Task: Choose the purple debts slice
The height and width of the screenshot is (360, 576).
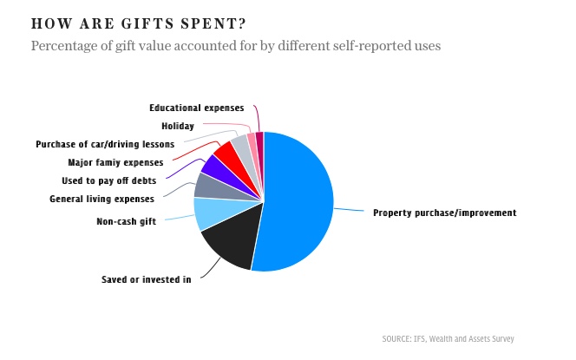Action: point(214,166)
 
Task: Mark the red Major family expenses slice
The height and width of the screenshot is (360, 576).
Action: point(226,153)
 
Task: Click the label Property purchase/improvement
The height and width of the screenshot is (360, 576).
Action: point(444,213)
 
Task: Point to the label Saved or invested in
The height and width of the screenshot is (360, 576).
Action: point(146,279)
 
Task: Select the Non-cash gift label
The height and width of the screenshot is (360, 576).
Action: point(126,221)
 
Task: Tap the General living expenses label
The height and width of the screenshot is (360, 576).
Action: point(101,199)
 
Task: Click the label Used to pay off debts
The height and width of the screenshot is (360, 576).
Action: point(110,180)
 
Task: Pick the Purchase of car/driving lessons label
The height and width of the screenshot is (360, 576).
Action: point(105,144)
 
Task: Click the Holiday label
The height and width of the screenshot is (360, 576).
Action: point(178,126)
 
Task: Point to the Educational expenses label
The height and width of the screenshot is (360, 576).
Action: point(196,108)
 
